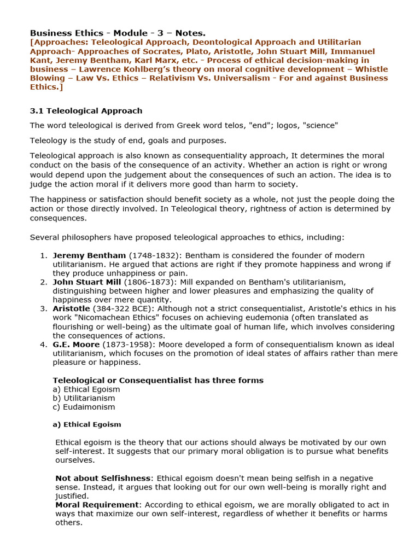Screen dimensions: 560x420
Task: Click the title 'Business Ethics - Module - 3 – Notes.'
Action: click(x=118, y=33)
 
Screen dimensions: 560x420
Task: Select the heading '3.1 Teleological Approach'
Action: click(x=86, y=111)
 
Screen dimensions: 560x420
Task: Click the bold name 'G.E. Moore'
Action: click(x=76, y=345)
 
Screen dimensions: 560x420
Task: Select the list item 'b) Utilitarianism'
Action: click(x=84, y=398)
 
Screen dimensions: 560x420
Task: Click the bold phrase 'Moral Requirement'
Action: click(x=97, y=505)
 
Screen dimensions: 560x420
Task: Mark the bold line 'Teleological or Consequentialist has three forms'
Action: click(x=157, y=380)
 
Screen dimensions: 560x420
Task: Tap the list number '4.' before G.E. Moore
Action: click(x=44, y=345)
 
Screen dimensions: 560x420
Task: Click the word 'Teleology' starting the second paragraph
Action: click(x=48, y=141)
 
